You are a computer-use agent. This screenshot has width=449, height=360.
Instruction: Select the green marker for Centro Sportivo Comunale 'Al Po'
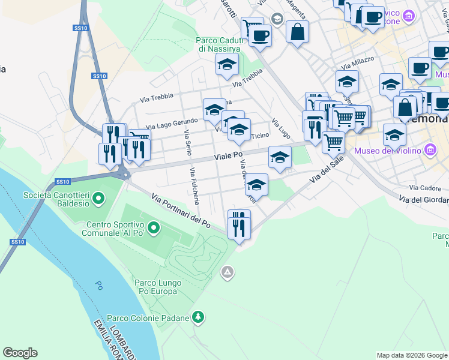point(154,227)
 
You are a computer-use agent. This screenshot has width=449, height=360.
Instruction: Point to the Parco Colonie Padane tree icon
point(198,317)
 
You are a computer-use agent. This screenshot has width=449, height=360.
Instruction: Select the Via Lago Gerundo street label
point(172,122)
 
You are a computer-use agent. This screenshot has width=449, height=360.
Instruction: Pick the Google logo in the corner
point(20,353)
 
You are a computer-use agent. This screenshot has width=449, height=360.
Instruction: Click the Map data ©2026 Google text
point(411,355)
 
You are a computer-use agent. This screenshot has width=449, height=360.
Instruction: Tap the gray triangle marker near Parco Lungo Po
point(227,273)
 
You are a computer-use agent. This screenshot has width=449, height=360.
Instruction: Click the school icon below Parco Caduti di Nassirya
point(226,64)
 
